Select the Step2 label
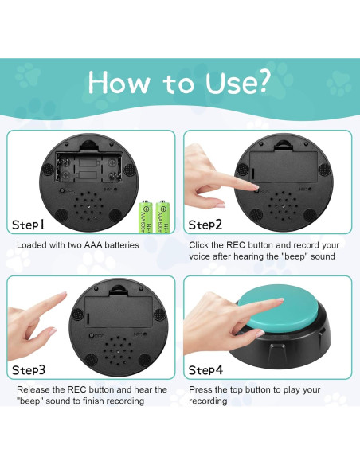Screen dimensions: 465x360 tap(206, 225)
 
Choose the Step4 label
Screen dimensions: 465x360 tap(206, 370)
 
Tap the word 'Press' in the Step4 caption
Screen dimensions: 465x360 tap(202, 389)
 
